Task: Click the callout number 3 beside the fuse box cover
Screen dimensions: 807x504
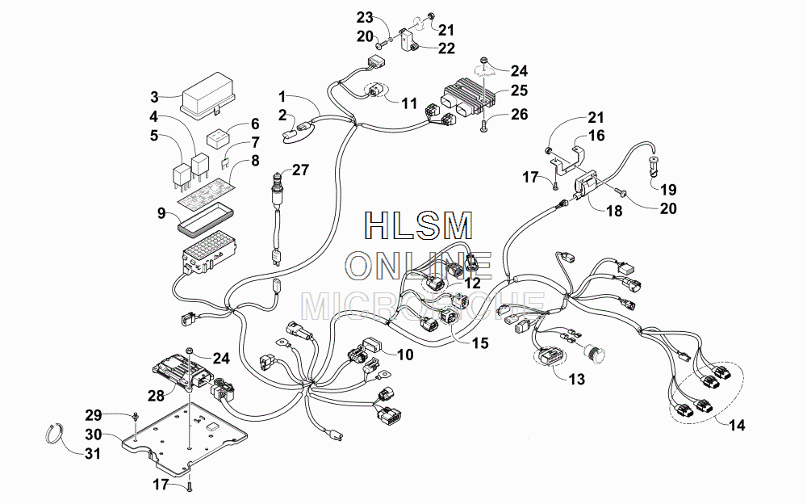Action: click(x=154, y=97)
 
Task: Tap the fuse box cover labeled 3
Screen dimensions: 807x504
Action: click(x=208, y=95)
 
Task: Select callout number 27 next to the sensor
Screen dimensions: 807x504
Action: click(x=300, y=170)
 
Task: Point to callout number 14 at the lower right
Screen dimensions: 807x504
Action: click(x=737, y=425)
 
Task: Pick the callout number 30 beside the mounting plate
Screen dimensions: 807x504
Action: click(x=93, y=435)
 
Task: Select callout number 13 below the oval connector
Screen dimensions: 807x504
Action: click(x=577, y=380)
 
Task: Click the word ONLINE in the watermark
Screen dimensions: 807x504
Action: click(x=418, y=267)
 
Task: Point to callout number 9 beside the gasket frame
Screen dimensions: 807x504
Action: click(x=161, y=212)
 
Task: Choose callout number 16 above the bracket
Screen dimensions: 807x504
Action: click(x=596, y=136)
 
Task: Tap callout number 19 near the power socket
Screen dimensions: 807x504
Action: click(x=668, y=190)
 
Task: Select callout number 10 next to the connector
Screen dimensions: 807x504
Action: click(x=405, y=355)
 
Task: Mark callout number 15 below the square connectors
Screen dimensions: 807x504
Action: click(x=479, y=342)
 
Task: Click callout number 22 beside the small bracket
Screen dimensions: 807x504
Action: click(x=446, y=48)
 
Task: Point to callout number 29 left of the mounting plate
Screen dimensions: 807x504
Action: click(x=94, y=415)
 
